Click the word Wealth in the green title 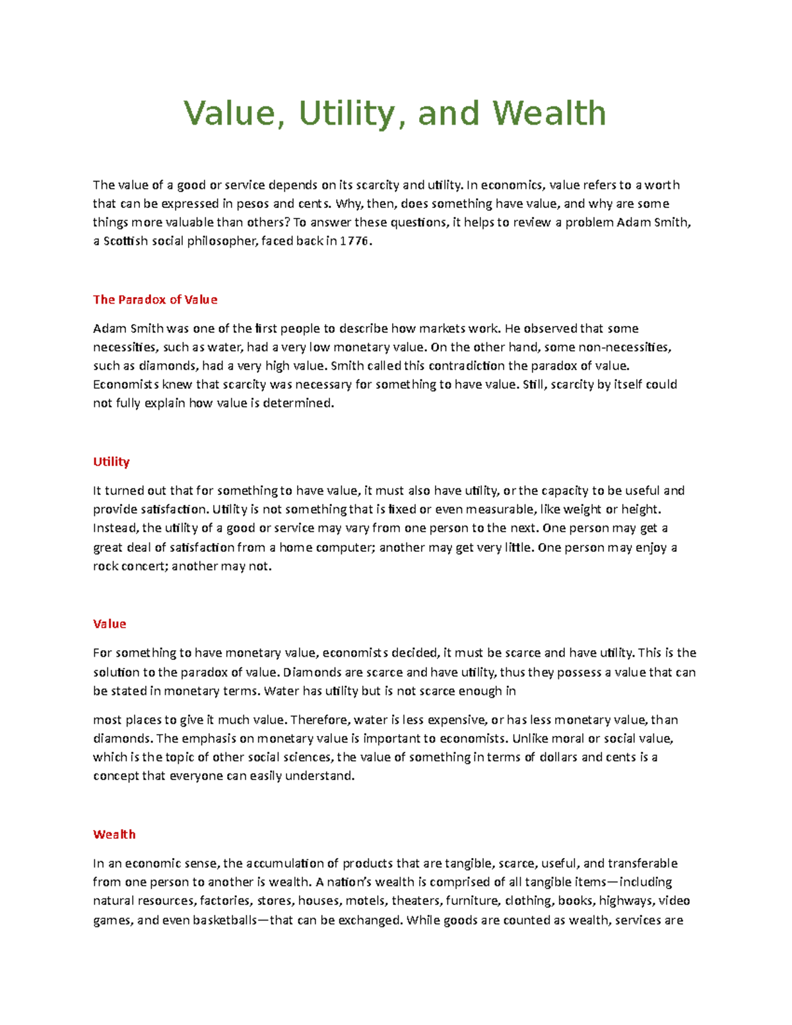pos(549,113)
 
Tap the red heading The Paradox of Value pos(155,299)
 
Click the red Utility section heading pos(111,461)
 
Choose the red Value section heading pos(110,624)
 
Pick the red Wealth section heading pos(114,834)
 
